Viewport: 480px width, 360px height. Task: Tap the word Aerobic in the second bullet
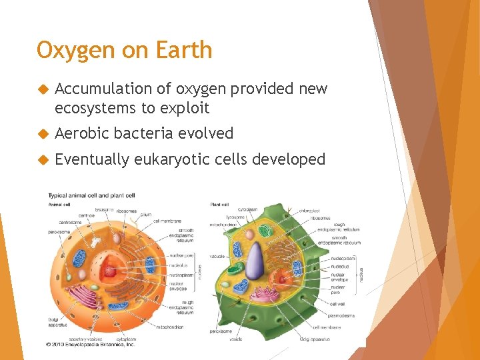[x=82, y=133]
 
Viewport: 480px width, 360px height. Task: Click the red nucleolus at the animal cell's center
[x=109, y=271]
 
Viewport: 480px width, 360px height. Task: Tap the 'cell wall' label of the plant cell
[x=337, y=303]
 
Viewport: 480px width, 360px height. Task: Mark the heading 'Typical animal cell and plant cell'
[x=91, y=195]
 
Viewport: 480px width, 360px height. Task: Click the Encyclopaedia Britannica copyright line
[x=90, y=344]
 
